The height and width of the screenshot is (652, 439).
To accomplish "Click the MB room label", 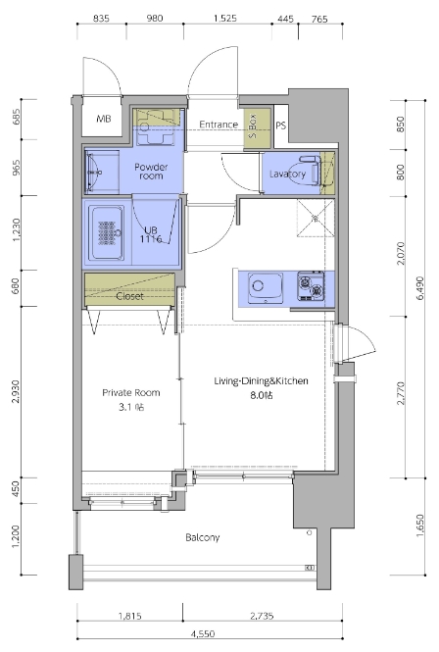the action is (x=104, y=119).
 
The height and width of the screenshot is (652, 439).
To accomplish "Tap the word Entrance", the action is (x=219, y=125).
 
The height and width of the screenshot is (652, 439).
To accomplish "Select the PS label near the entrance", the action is (x=281, y=125).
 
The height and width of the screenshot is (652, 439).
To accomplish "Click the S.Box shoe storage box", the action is (x=257, y=127).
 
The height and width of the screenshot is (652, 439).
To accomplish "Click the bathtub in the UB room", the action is (x=107, y=233).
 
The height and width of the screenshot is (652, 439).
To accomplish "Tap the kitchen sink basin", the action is (x=266, y=287).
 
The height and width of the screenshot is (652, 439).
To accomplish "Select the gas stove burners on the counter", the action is (x=311, y=285).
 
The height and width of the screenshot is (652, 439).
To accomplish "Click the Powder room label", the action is (x=151, y=172).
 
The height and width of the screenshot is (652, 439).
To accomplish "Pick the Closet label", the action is (x=129, y=296).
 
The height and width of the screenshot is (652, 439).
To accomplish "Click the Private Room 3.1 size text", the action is (x=131, y=407).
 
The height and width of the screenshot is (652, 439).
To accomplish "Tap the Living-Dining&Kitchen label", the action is (x=261, y=380).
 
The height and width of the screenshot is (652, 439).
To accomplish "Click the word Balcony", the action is (x=203, y=537).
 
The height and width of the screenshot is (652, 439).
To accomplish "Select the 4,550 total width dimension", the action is (x=203, y=634).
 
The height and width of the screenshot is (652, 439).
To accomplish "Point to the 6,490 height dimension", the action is (x=420, y=288).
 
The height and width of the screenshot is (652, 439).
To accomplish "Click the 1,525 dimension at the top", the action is (x=225, y=19).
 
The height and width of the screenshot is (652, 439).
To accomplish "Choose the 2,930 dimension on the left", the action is (x=16, y=392).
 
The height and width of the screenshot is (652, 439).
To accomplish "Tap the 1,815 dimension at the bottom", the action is (x=130, y=617).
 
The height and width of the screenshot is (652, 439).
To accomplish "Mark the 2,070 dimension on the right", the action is (x=401, y=253).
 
